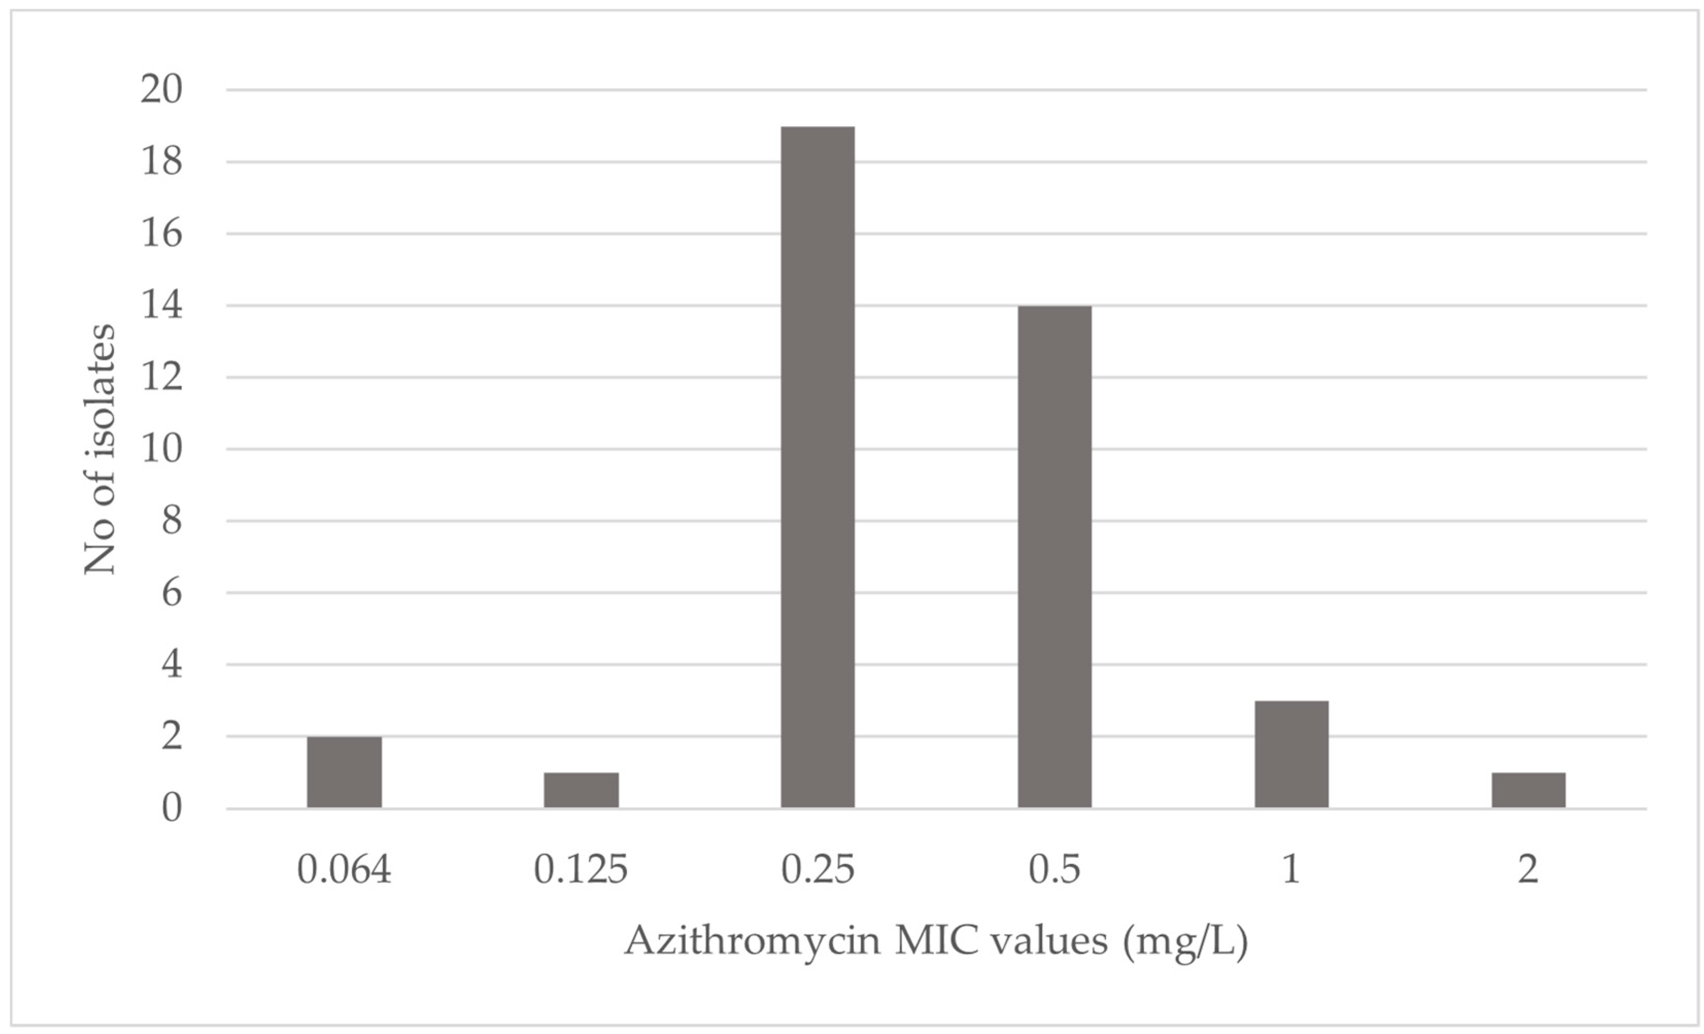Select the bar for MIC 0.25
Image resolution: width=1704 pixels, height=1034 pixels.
(817, 467)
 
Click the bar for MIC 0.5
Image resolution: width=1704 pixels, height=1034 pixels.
(1055, 557)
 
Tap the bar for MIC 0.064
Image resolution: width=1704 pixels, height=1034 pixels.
(345, 772)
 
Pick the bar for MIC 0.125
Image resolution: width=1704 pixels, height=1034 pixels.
(581, 790)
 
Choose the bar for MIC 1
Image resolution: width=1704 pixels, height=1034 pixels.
(1291, 754)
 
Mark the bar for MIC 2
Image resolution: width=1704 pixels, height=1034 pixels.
(1528, 790)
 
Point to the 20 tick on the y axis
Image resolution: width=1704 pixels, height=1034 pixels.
(162, 90)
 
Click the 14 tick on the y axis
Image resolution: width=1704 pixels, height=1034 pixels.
(162, 306)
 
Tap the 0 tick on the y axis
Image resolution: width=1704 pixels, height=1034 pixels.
(171, 808)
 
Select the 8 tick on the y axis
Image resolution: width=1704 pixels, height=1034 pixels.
(171, 521)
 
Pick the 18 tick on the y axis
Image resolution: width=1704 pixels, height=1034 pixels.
(162, 162)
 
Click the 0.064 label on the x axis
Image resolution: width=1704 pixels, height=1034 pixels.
(345, 869)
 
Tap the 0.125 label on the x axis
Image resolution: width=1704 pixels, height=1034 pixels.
(581, 869)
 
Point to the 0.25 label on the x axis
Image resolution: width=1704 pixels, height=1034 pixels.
(817, 869)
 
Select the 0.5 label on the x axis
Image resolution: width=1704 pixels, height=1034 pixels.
(1055, 869)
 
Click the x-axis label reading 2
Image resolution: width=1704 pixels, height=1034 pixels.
(1528, 869)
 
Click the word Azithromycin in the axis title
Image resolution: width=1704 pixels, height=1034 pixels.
(752, 942)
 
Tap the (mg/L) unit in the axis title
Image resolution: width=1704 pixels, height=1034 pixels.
(1185, 942)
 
